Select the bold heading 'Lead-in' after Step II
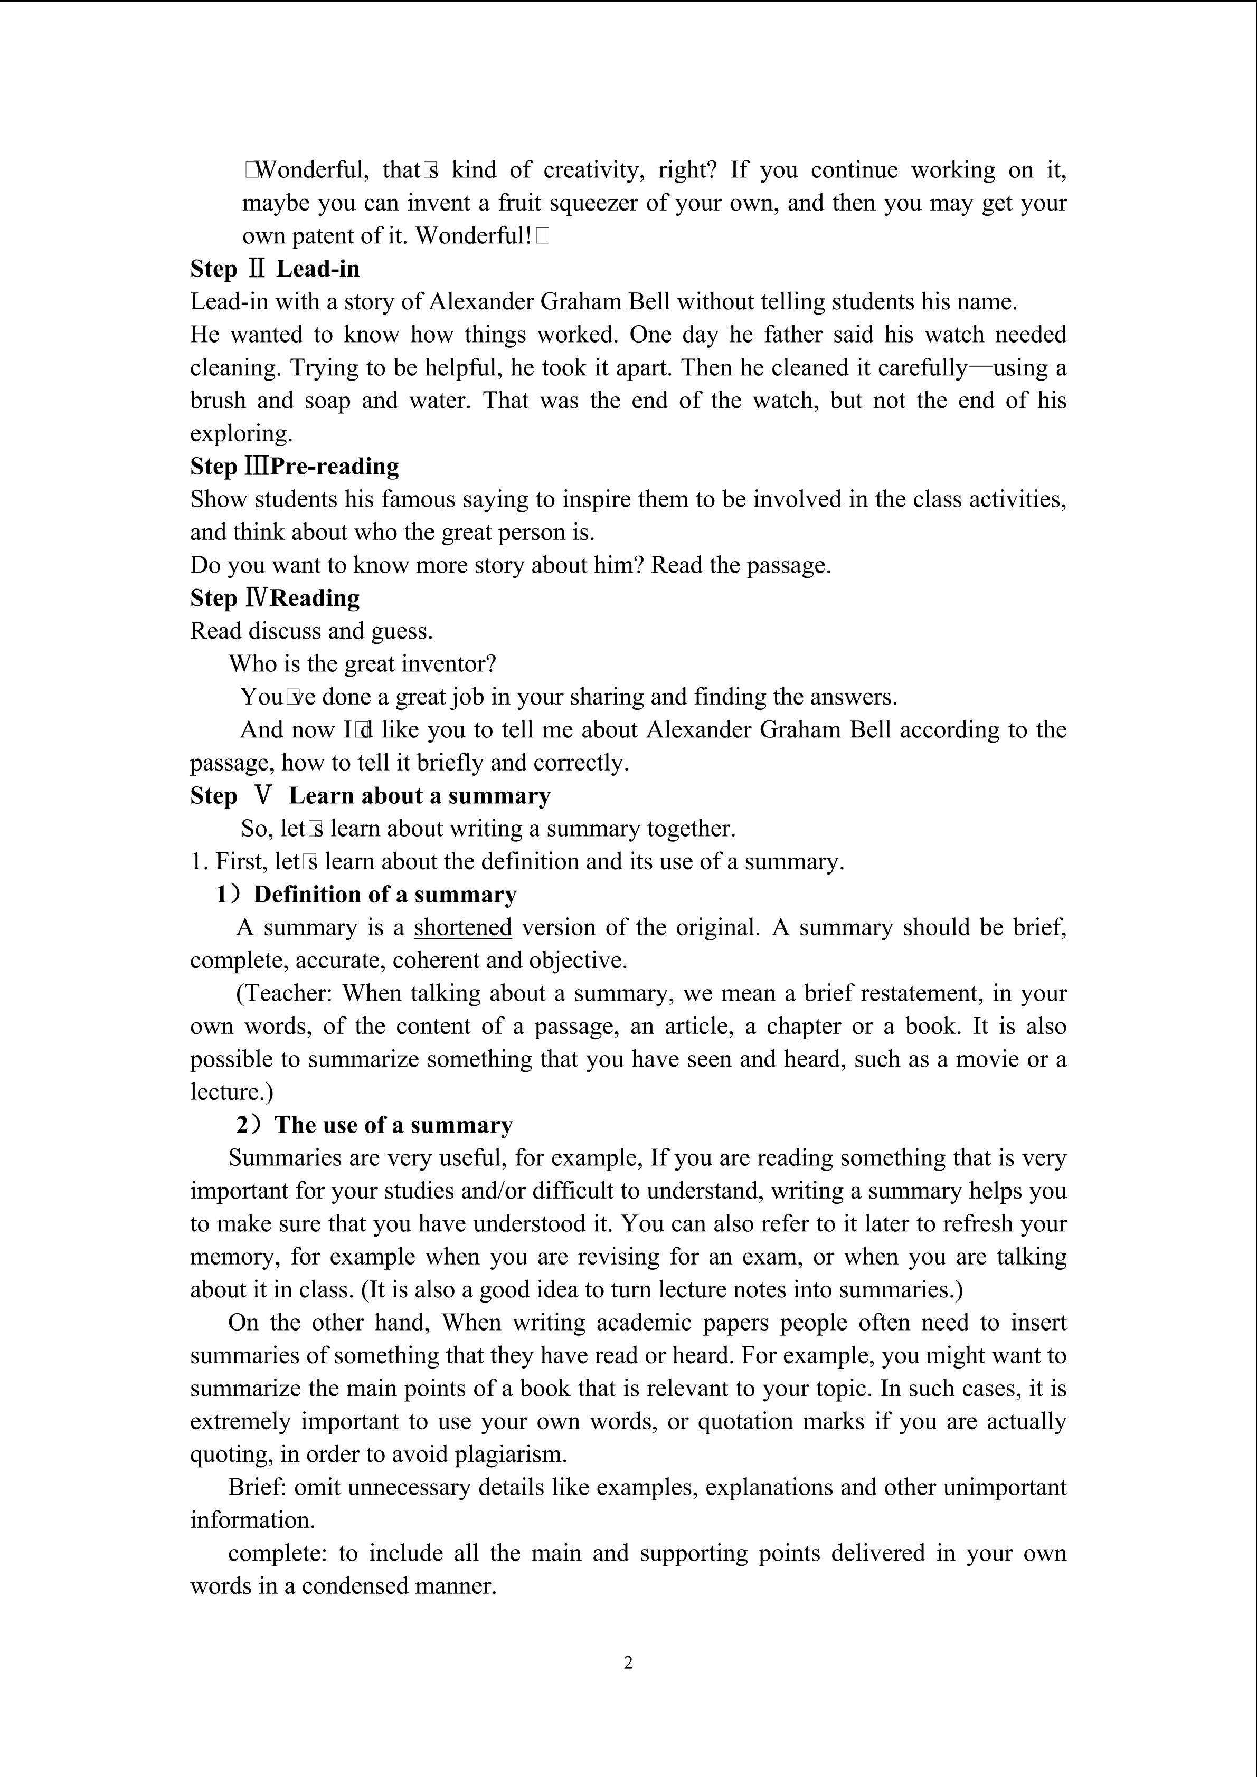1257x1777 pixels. (x=318, y=269)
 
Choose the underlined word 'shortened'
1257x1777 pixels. (x=463, y=927)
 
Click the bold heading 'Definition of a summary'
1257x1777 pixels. (x=385, y=895)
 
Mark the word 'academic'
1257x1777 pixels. (x=644, y=1322)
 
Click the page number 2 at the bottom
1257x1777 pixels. (x=628, y=1662)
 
